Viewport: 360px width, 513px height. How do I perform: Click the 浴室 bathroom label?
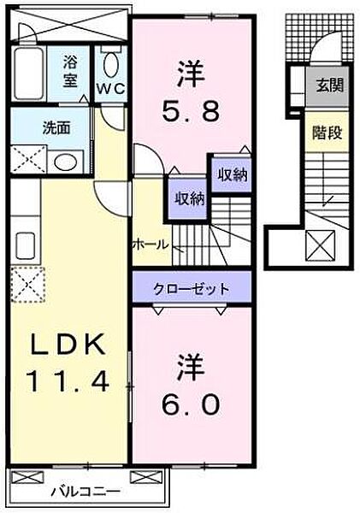pos(70,72)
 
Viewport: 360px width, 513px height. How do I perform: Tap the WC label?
pos(110,88)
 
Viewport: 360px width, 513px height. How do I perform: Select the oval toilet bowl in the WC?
pos(110,65)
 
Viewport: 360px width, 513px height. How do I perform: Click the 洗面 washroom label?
pos(56,128)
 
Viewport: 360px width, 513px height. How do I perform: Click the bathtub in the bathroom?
pos(29,74)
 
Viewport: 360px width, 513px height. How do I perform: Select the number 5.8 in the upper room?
pos(190,112)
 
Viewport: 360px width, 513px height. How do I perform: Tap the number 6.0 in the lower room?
pos(190,404)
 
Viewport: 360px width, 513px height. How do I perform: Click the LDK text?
pos(68,344)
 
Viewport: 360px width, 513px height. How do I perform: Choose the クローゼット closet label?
pos(192,289)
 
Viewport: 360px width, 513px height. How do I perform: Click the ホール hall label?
pos(150,244)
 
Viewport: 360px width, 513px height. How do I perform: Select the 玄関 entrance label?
pos(330,85)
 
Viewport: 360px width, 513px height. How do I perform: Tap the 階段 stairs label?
pos(327,133)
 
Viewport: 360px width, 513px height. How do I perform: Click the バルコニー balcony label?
pos(86,491)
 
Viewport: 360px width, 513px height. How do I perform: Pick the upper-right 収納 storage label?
pos(233,175)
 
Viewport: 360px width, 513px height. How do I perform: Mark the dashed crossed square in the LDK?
pos(27,284)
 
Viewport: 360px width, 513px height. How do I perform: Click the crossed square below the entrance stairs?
pos(320,245)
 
